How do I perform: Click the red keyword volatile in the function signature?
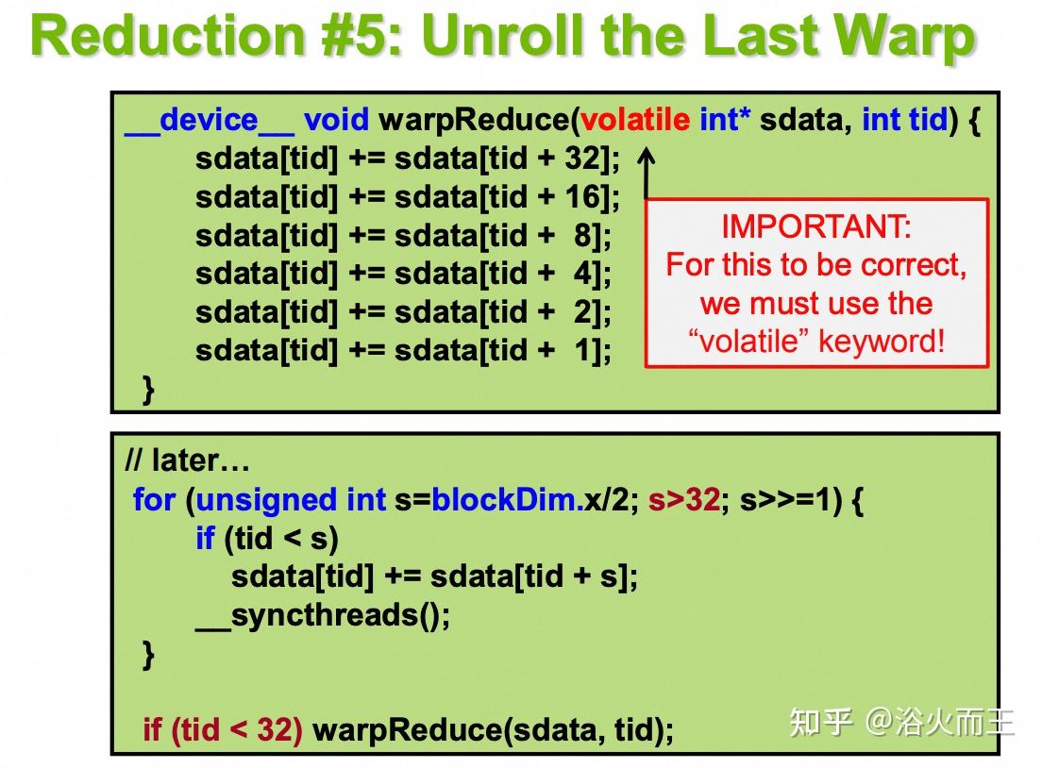(x=635, y=121)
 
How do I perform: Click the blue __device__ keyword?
(x=209, y=121)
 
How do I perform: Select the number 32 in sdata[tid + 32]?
(x=583, y=159)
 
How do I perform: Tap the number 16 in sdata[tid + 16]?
(x=583, y=197)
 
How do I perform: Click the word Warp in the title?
(x=905, y=36)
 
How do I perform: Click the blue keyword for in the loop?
(x=154, y=500)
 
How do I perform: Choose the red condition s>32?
(x=684, y=500)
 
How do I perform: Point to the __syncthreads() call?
(x=323, y=615)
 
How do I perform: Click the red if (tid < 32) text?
(x=222, y=729)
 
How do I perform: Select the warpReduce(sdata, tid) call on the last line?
(x=492, y=729)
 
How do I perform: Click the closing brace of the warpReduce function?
(x=147, y=389)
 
